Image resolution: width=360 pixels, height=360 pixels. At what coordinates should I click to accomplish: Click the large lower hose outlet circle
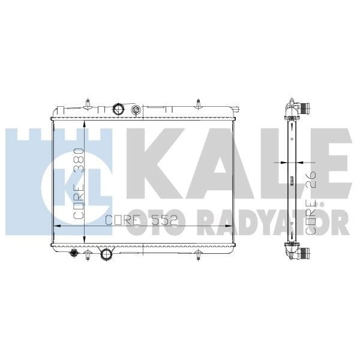coord(107,254)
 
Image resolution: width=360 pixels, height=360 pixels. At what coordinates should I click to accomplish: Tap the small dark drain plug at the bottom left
coord(74,254)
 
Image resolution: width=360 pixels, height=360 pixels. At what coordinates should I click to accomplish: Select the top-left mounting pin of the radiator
coord(88,103)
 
